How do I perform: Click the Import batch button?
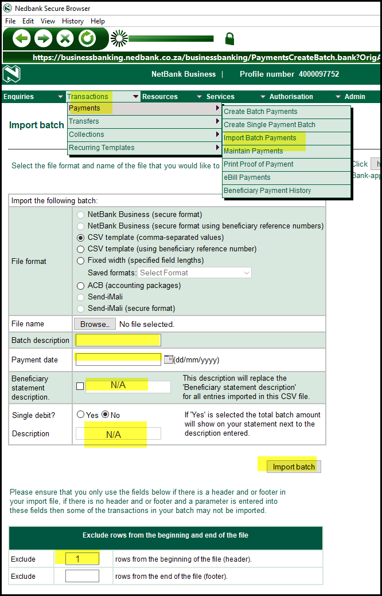pos(294,467)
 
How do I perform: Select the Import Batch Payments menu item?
pos(260,138)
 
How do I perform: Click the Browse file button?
pos(95,324)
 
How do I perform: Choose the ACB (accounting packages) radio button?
pos(81,285)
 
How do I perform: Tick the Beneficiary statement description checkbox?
pos(80,386)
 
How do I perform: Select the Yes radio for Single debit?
pos(81,415)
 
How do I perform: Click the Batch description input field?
pos(118,340)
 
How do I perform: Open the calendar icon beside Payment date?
pos(168,360)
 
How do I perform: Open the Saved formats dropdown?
pos(194,273)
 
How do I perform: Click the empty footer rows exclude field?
pos(82,576)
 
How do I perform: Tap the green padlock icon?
pos(229,39)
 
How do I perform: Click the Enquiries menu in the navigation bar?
pos(19,97)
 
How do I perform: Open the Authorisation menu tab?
pos(291,97)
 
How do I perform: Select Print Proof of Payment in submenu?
pos(258,164)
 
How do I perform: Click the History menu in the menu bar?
pos(73,21)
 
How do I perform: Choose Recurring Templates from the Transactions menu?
pos(102,148)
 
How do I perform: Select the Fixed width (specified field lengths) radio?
pos(81,260)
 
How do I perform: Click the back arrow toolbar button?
pos(21,39)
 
